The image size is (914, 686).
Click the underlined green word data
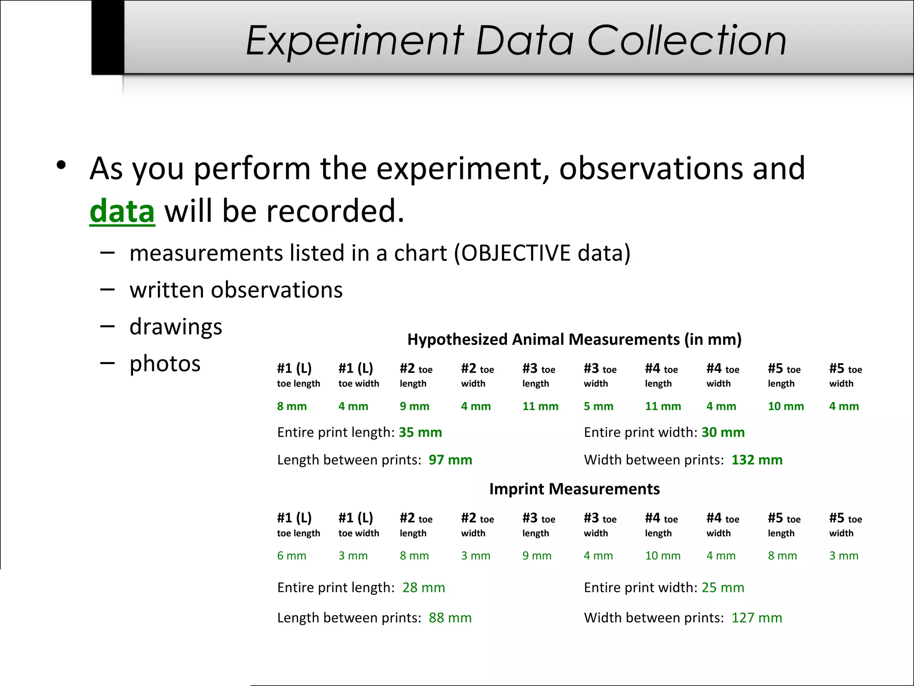tap(122, 211)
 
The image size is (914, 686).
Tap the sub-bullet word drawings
tap(175, 326)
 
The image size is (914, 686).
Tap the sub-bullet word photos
tap(165, 364)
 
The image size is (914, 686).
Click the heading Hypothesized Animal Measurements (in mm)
tap(574, 339)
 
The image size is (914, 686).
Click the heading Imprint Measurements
tap(574, 489)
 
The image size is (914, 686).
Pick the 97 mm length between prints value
tap(450, 460)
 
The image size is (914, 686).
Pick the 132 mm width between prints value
tap(756, 460)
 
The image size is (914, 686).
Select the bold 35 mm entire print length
tap(420, 432)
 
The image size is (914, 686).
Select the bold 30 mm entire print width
tap(723, 432)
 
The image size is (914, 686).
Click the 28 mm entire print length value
tap(423, 588)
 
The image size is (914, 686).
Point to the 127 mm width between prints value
tap(756, 618)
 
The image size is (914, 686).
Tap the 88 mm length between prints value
tap(450, 618)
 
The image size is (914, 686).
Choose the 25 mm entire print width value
tap(723, 588)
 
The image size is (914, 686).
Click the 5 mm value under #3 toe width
tap(598, 406)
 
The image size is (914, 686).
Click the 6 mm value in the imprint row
tap(291, 556)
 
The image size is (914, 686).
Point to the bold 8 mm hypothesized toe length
tap(291, 406)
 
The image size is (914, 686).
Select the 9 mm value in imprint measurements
tap(537, 556)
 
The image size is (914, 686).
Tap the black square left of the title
tap(108, 37)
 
